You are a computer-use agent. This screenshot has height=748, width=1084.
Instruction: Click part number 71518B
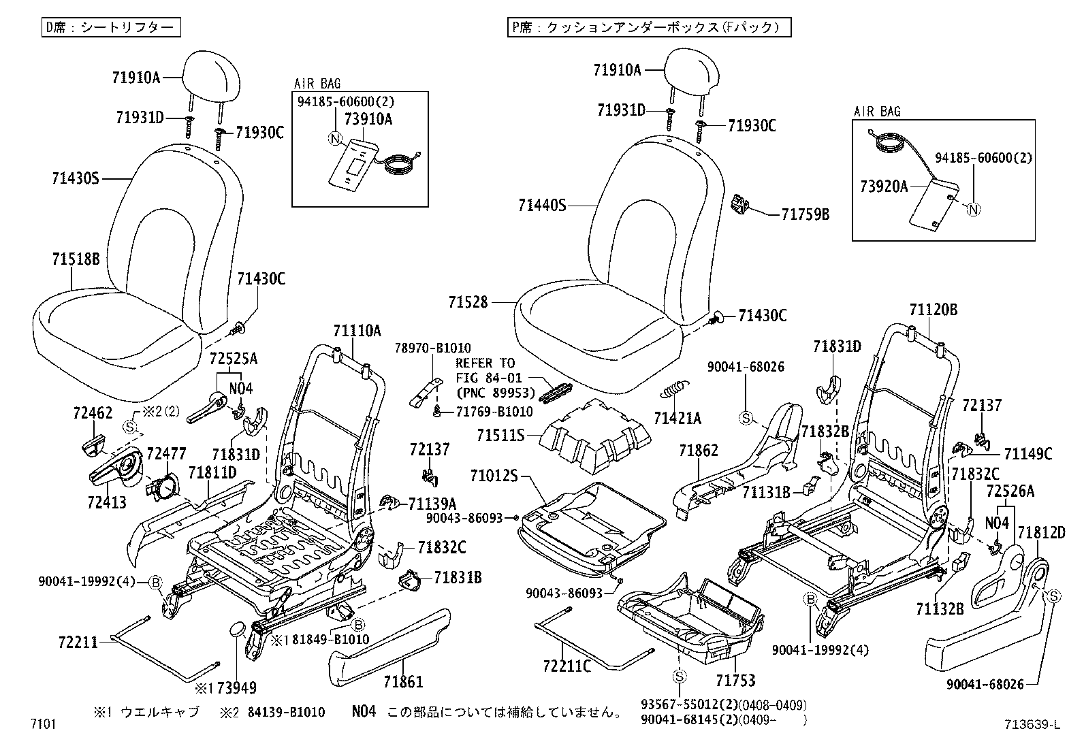point(76,259)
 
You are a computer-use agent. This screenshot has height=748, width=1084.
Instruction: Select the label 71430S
point(76,179)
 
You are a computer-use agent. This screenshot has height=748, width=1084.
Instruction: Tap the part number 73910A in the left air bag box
point(368,118)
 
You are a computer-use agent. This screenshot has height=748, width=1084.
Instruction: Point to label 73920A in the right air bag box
point(883,186)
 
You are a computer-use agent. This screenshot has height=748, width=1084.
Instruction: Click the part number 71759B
point(806,214)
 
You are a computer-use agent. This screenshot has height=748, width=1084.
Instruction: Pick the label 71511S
point(500,434)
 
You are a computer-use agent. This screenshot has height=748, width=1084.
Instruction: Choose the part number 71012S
point(494,474)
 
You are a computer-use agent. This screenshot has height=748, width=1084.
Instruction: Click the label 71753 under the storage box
point(735,680)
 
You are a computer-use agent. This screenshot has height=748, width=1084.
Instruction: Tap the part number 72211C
point(567,665)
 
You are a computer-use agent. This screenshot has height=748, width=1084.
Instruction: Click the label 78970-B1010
point(432,348)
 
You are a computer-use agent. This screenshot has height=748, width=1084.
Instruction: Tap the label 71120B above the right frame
point(933,310)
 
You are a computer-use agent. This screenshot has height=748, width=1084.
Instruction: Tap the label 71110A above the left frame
point(357,331)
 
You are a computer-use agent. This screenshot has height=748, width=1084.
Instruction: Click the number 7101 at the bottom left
point(42,723)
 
